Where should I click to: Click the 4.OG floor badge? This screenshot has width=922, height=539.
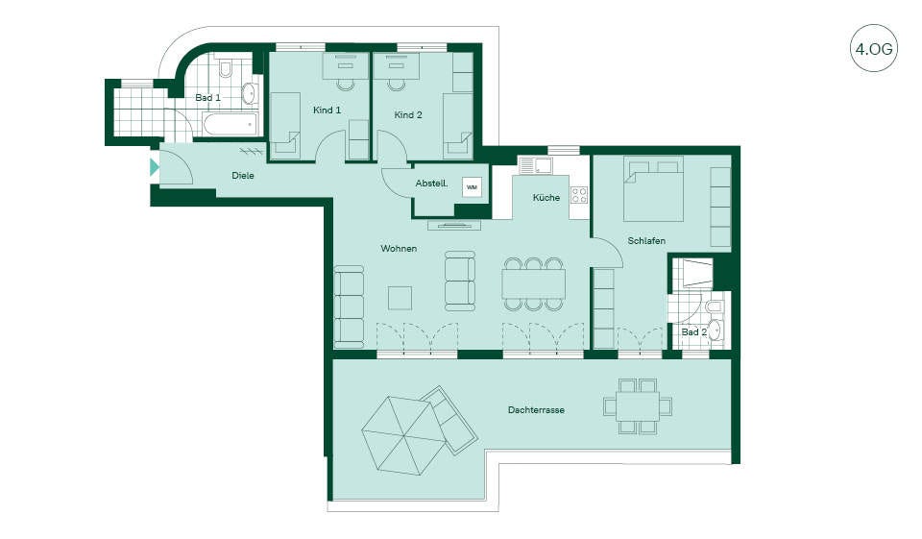click(874, 48)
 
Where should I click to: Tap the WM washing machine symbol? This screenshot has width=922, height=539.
click(472, 187)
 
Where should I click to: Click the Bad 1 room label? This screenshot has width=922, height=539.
click(208, 97)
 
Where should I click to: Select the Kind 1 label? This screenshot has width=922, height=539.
click(327, 110)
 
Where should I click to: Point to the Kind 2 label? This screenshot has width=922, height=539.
click(408, 114)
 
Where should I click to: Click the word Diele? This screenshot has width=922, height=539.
click(243, 176)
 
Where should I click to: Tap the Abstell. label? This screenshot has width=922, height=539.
click(431, 184)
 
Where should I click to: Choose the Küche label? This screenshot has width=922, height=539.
click(546, 198)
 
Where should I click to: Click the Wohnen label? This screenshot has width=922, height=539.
click(399, 248)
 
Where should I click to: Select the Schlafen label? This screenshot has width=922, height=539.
click(646, 240)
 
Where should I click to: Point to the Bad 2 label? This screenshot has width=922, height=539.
click(693, 331)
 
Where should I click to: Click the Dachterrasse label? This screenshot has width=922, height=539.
click(536, 409)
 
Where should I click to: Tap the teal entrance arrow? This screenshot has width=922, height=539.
click(154, 168)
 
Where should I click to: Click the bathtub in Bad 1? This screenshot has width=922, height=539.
click(230, 125)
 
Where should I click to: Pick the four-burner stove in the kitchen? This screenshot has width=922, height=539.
click(579, 195)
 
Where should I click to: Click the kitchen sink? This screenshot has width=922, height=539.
click(535, 165)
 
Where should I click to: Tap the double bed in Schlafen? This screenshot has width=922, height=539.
click(653, 189)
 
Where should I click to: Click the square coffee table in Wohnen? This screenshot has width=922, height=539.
click(400, 298)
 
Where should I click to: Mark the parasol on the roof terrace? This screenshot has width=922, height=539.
click(402, 435)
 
